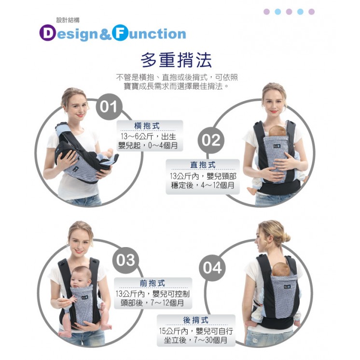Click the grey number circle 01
click(109, 107)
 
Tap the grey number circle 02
click(211, 140)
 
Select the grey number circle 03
click(125, 260)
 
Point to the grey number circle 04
click(212, 268)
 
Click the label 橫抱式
click(147, 126)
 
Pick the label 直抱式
click(203, 165)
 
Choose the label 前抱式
click(152, 283)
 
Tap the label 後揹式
click(196, 320)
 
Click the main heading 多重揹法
click(176, 60)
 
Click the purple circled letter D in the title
click(47, 33)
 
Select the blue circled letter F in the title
click(120, 33)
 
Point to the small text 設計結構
click(68, 20)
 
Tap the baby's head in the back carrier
click(281, 269)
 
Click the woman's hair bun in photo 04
click(286, 238)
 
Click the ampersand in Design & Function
click(105, 34)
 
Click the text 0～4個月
click(163, 145)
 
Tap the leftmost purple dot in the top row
click(266, 12)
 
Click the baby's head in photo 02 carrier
click(277, 131)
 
